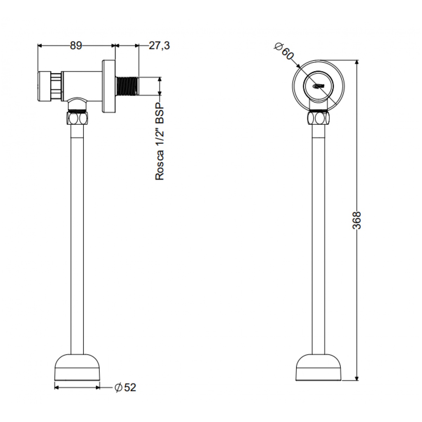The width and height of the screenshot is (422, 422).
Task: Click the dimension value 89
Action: pos(76,46)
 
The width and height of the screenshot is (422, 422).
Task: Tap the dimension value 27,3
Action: pos(159,46)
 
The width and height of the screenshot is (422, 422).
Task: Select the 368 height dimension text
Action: pos(357,220)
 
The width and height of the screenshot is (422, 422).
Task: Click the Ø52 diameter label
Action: pos(126,388)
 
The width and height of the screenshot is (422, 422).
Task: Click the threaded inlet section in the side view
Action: pos(127,86)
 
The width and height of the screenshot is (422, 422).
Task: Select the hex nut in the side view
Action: pos(77,118)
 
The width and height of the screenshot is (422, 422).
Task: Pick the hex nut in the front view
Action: pos(318,118)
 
